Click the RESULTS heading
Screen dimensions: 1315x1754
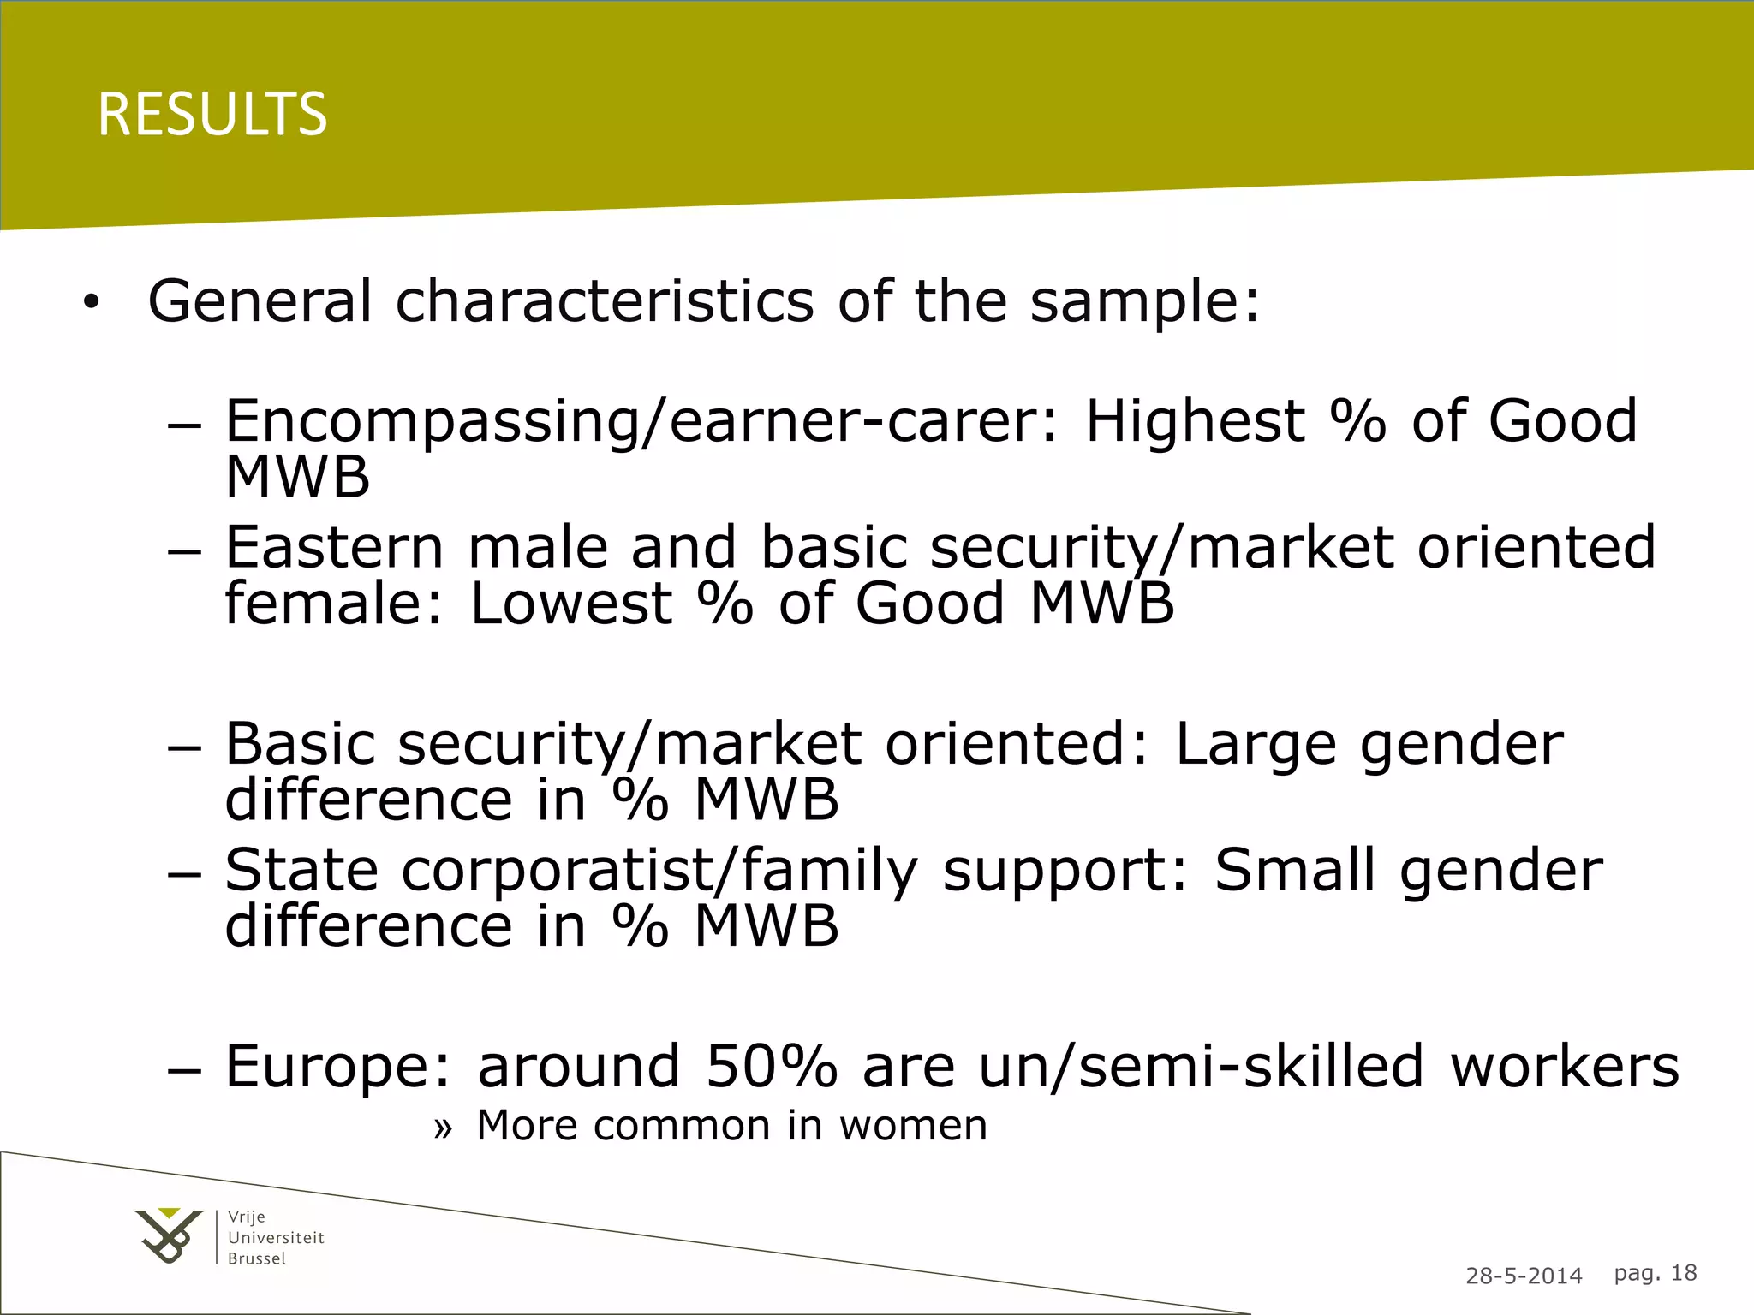click(x=212, y=115)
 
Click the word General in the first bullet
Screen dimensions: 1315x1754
click(x=260, y=301)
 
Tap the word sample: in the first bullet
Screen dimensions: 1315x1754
click(x=1145, y=301)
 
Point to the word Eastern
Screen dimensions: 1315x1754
click(x=334, y=548)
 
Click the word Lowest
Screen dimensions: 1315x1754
click(x=571, y=604)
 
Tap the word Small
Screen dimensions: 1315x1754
click(x=1295, y=870)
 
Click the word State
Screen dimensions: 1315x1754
click(x=301, y=870)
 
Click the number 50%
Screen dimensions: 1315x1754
click(x=771, y=1067)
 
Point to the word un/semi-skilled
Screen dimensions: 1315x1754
click(x=1202, y=1067)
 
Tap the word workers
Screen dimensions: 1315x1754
click(x=1565, y=1067)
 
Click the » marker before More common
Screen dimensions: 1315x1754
click(x=442, y=1128)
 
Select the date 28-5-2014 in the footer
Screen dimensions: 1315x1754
click(x=1524, y=1276)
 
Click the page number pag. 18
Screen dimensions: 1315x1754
click(x=1655, y=1273)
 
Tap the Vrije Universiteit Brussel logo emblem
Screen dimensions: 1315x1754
click(x=170, y=1235)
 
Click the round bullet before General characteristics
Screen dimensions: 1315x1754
click(x=92, y=303)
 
